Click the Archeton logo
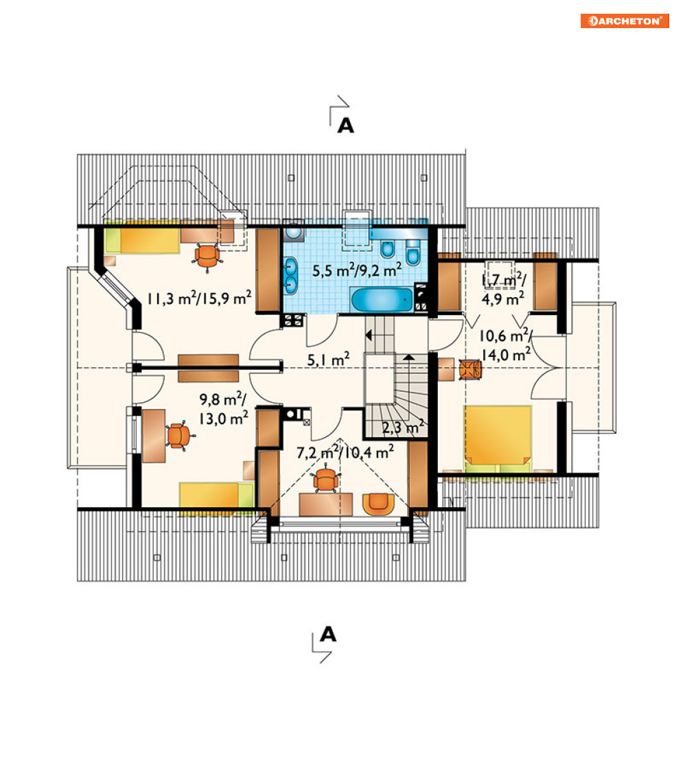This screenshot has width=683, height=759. coord(625,21)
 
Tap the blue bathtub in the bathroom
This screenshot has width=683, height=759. coord(382,300)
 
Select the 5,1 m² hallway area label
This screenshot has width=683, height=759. coord(328,359)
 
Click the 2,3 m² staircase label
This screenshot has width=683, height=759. coord(403,427)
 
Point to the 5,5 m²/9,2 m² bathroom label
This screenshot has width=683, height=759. coord(357,270)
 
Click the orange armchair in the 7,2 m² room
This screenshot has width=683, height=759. coord(378,504)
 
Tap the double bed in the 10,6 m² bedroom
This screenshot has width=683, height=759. coord(498,439)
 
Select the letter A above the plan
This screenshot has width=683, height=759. coord(345,126)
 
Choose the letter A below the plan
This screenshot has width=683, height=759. coord(327,634)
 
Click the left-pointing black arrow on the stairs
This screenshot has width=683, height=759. coord(369,335)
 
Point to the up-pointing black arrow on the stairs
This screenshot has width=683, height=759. coord(409,358)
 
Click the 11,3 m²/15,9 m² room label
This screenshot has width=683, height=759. coord(200,298)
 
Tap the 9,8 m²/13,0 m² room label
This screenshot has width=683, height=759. coord(223,409)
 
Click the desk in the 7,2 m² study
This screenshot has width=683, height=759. coord(326,504)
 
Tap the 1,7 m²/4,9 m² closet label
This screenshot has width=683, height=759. coord(503,290)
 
